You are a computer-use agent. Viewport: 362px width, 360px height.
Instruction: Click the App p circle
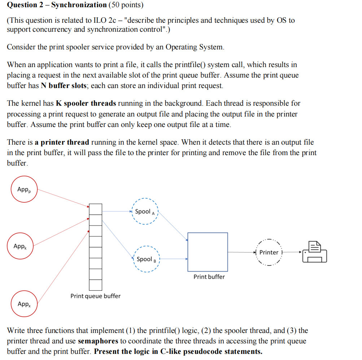[24, 189]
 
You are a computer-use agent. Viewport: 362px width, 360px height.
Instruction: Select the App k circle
[22, 246]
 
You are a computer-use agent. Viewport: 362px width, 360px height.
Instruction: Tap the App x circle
[24, 304]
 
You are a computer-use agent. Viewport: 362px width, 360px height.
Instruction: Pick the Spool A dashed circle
[145, 212]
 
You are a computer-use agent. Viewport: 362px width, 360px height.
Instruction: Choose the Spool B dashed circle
[145, 259]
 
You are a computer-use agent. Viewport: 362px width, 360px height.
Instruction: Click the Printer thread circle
[269, 252]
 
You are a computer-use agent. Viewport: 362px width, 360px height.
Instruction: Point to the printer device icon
[315, 251]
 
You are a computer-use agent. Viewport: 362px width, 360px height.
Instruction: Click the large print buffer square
[208, 252]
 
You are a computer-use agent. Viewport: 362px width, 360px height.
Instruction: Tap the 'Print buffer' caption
[209, 277]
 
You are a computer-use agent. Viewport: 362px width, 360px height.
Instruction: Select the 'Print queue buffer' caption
[95, 296]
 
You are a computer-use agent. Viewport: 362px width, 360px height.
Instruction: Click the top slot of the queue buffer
[96, 209]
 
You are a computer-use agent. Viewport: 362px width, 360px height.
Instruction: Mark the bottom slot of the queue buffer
[96, 285]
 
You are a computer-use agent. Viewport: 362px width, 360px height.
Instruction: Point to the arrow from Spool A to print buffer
[173, 227]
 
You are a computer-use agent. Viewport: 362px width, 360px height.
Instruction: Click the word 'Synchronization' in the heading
[79, 5]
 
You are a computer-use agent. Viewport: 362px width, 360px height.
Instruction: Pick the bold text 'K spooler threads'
[86, 103]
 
